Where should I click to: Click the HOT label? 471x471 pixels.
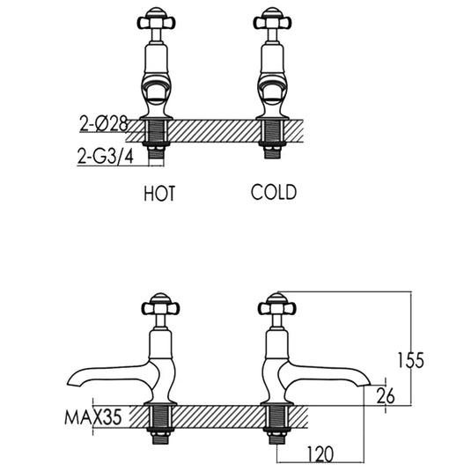pyautogui.click(x=159, y=194)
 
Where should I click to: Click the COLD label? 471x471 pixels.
pyautogui.click(x=273, y=193)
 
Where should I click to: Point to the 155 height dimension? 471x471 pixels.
pyautogui.click(x=410, y=360)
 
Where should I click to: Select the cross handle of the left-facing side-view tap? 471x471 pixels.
pyautogui.click(x=158, y=307)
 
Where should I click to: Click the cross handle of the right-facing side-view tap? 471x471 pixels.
pyautogui.click(x=272, y=307)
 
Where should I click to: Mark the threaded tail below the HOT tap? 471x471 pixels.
pyautogui.click(x=158, y=141)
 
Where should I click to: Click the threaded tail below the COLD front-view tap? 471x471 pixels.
pyautogui.click(x=272, y=141)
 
